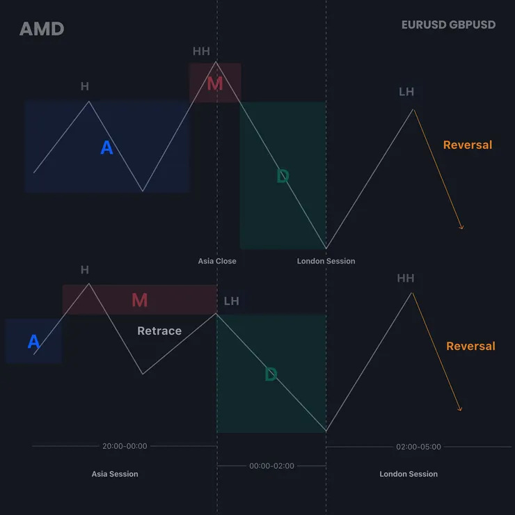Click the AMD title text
click(42, 29)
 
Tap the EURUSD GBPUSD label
click(448, 24)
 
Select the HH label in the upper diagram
click(201, 51)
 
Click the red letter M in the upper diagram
click(215, 84)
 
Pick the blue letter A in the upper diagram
click(106, 147)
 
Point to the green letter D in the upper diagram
click(283, 176)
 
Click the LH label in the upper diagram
click(406, 92)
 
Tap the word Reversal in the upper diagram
click(468, 145)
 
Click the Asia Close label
click(217, 261)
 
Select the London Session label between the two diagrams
click(326, 261)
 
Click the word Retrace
click(159, 331)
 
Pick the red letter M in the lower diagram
click(140, 300)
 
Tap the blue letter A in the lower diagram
click(34, 341)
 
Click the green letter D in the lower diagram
click(271, 374)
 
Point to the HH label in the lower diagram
click(405, 278)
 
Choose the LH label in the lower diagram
click(231, 301)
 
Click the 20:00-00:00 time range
click(125, 446)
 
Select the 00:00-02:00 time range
click(271, 466)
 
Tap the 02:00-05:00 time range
click(418, 447)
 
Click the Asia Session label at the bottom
click(115, 474)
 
